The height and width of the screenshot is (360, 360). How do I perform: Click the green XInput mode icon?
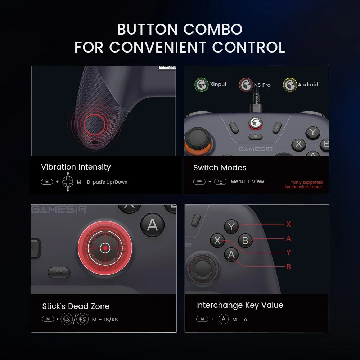[x=201, y=85]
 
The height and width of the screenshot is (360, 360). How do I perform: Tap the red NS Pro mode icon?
[x=246, y=85]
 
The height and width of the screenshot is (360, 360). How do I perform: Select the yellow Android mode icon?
[x=290, y=85]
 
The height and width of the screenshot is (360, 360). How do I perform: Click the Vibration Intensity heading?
[x=76, y=167]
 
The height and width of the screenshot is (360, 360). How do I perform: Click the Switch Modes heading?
[x=220, y=168]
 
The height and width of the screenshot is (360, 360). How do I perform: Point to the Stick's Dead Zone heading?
[x=76, y=306]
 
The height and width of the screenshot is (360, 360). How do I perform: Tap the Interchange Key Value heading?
[x=239, y=305]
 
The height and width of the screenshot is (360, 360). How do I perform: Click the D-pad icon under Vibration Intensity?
[x=68, y=182]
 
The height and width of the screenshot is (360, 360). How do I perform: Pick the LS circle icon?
[x=66, y=319]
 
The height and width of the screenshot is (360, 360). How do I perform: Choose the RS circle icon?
[x=82, y=319]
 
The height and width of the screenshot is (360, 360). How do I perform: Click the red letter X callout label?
[x=288, y=224]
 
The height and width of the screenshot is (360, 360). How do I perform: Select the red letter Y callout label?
[x=288, y=253]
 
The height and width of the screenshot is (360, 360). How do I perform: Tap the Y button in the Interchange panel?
[x=231, y=226]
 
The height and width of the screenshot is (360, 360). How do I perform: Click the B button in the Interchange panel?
[x=246, y=240]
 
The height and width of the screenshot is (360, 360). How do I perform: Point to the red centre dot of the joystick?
[x=105, y=248]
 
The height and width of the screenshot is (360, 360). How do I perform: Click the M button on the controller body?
[x=59, y=273]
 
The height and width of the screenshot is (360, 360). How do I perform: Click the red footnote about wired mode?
[x=304, y=185]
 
